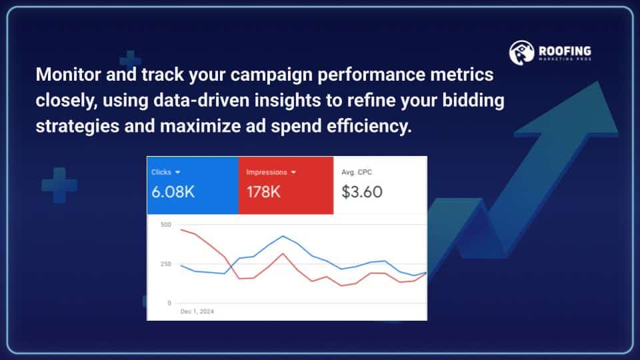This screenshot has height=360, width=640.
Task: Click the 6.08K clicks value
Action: tap(173, 193)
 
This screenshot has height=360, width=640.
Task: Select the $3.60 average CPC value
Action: tap(362, 193)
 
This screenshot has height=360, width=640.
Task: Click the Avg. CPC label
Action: tap(357, 173)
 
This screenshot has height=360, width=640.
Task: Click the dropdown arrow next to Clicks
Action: tap(177, 173)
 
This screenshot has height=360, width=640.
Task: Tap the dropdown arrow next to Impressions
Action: tap(293, 173)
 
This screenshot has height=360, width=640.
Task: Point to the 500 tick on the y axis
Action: tap(166, 225)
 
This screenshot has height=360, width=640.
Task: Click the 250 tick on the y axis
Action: tap(166, 264)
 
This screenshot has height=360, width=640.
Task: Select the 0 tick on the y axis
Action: tap(169, 303)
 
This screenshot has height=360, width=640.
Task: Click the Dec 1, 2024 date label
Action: tap(197, 311)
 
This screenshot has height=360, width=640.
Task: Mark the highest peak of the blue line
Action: tap(283, 236)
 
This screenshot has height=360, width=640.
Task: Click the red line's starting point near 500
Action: tap(181, 229)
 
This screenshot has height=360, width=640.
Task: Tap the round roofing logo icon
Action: tap(522, 53)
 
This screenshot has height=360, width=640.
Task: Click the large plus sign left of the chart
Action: tap(59, 185)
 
